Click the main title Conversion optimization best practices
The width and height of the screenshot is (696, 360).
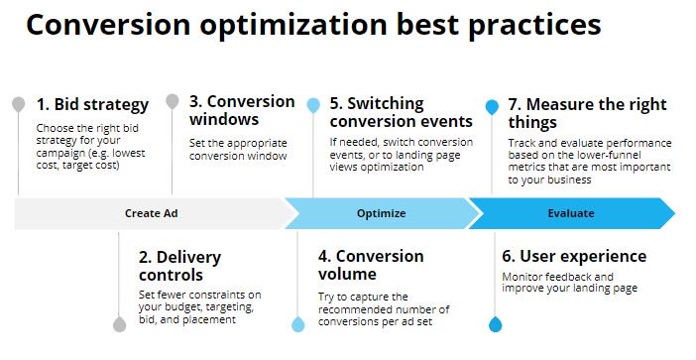(x=313, y=26)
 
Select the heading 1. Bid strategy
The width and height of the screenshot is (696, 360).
(x=92, y=104)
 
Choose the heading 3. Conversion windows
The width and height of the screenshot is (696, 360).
(x=241, y=111)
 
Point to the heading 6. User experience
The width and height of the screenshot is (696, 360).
(x=574, y=257)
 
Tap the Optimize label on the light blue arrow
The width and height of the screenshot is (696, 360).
(x=381, y=213)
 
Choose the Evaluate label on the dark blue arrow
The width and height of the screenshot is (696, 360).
(x=571, y=213)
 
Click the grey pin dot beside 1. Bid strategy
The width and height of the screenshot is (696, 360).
(x=18, y=104)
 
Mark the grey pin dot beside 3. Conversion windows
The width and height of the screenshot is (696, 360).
(x=173, y=101)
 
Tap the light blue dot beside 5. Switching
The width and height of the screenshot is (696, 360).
(x=313, y=104)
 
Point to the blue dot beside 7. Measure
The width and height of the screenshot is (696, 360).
(x=492, y=105)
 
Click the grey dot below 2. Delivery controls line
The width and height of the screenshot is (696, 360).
(x=120, y=324)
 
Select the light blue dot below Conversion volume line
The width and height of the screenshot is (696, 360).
(x=297, y=324)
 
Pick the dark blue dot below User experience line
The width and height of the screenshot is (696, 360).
(x=495, y=324)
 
